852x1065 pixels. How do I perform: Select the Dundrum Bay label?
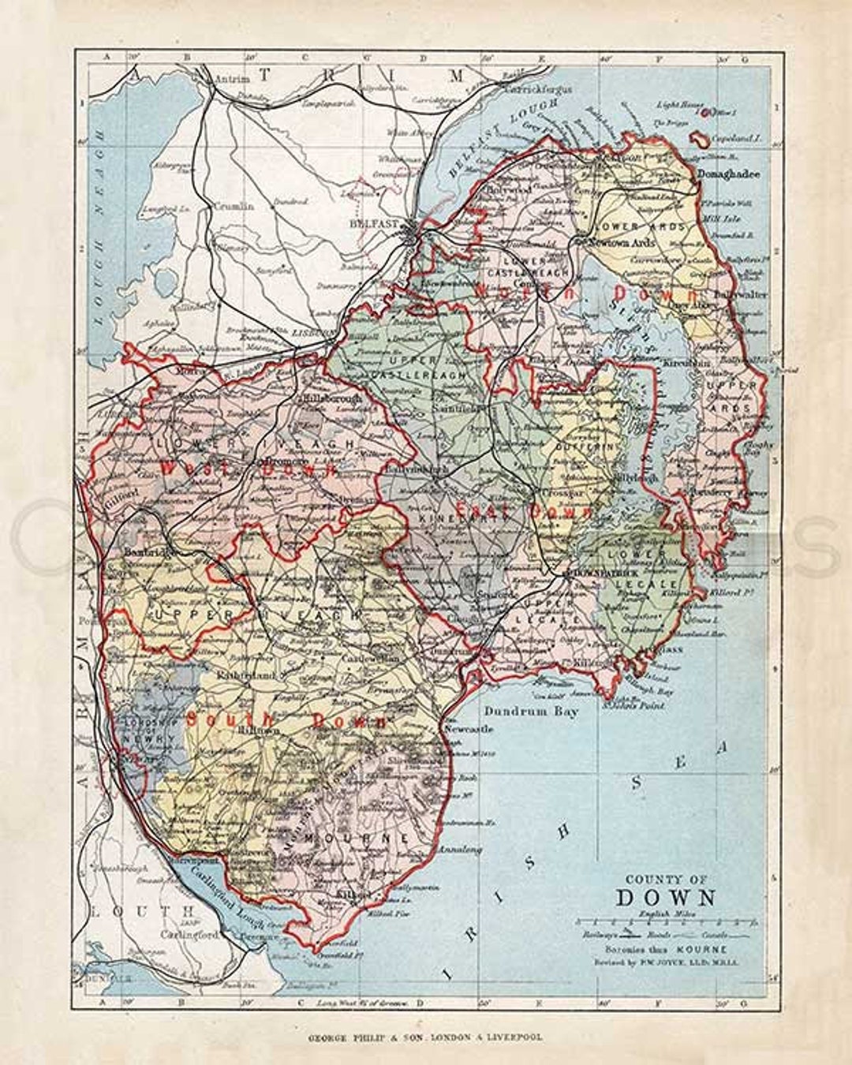(x=531, y=711)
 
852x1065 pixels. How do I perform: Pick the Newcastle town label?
(x=469, y=729)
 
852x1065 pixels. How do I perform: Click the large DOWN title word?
(x=666, y=898)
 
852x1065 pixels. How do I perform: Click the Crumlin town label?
(x=232, y=205)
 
